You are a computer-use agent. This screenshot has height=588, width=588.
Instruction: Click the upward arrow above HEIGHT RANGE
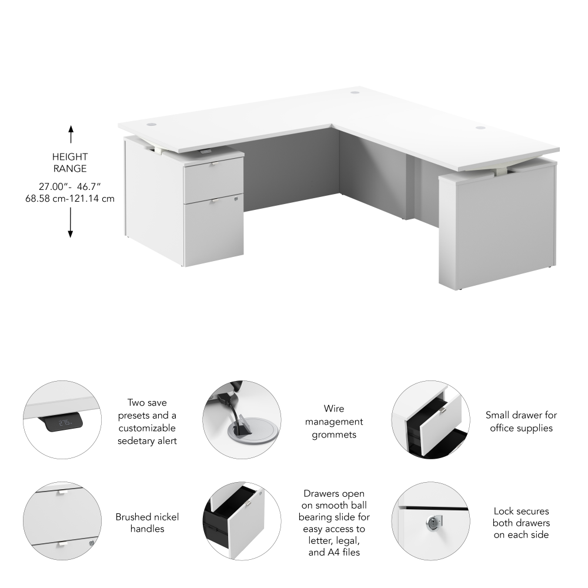coord(71,134)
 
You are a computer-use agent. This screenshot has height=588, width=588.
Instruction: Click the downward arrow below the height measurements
coord(70,223)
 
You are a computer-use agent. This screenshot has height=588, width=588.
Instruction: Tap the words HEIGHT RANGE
coord(70,162)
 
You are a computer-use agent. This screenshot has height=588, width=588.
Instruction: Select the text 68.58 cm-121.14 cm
coord(70,198)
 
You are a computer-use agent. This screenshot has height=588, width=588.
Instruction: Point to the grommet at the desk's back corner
coord(355,91)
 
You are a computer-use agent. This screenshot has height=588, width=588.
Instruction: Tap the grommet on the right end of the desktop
coord(481,128)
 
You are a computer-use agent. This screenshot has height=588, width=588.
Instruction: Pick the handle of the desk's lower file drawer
coord(213,201)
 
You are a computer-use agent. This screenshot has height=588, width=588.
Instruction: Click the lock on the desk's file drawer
coord(236,198)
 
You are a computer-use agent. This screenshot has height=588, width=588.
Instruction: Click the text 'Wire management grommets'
coord(334,422)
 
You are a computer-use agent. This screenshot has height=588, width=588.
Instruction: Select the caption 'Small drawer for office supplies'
coord(521,422)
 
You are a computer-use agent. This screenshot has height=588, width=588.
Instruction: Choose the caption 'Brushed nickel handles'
coord(147,523)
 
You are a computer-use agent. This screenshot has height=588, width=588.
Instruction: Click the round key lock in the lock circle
coord(433,522)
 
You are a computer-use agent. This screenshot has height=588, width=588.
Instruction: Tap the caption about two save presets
coord(147,422)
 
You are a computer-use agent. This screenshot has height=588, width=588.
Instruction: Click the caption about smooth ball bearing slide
coord(334,523)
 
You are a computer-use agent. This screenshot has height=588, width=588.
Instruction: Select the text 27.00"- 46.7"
coord(70,186)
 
